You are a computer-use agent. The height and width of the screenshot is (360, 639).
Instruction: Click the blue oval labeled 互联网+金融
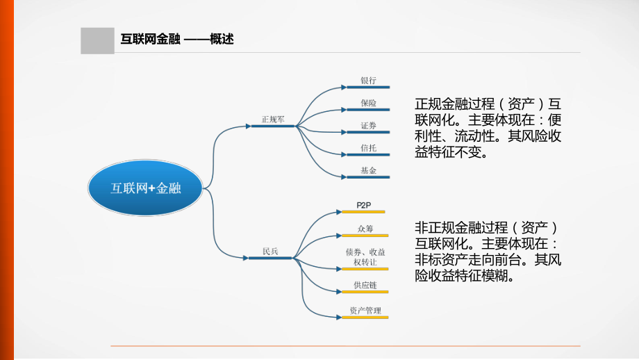point(145,188)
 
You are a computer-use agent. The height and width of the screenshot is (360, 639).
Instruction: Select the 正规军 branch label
point(273,119)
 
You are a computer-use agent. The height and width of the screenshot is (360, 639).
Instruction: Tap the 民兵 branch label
point(270,251)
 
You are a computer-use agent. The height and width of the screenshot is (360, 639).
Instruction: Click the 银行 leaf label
point(368,80)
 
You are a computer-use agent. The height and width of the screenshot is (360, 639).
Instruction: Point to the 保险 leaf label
point(368,103)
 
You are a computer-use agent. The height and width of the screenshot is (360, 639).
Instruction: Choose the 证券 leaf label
point(368,125)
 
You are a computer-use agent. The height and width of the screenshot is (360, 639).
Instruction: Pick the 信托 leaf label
point(368,147)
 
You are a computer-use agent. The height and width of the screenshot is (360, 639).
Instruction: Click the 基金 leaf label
point(368,170)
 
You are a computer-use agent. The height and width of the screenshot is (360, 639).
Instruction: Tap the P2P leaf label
point(364,205)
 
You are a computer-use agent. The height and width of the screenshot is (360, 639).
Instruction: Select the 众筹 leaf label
point(365,228)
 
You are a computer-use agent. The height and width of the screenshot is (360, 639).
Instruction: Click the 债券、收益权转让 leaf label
point(365,256)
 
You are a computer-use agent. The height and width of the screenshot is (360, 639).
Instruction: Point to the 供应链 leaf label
point(365,285)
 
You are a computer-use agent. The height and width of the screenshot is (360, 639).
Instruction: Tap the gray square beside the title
point(97,40)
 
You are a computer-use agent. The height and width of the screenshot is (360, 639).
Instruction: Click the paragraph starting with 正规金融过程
point(488,128)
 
